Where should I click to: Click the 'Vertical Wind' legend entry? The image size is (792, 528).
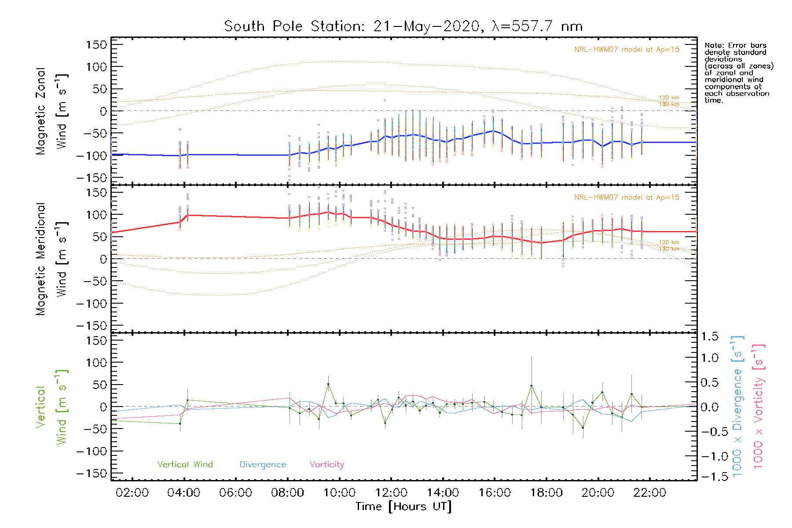(185, 465)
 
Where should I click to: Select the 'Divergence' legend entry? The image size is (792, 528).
(263, 465)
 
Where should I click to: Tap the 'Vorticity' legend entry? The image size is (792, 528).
(326, 465)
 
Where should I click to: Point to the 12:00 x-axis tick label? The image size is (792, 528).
(391, 493)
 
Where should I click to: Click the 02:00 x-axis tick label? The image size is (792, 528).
(132, 493)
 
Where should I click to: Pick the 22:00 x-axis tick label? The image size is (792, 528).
(649, 493)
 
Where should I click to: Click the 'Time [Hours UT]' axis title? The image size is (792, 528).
(403, 506)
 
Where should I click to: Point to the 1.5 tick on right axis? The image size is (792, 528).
(709, 337)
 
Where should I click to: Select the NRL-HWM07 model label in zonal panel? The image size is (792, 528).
(627, 50)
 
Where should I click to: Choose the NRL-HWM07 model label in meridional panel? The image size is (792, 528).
(627, 198)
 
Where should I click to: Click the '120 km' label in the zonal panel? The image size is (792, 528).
(669, 98)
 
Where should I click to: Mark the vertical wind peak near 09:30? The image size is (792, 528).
(328, 384)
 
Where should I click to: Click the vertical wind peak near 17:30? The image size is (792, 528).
(532, 385)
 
